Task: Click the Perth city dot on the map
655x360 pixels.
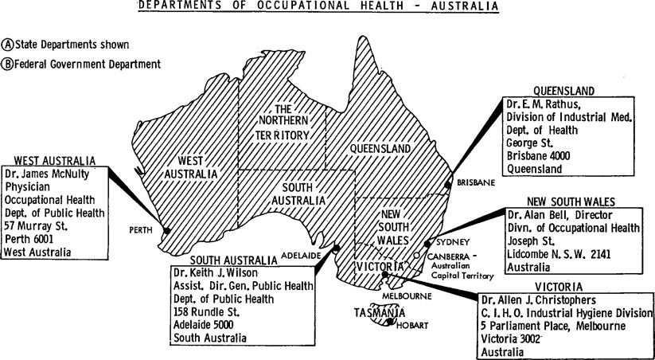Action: pos(167,231)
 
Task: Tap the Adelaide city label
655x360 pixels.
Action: pos(301,256)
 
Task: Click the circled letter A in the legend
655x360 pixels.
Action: pos(9,45)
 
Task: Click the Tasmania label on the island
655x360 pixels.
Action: pos(375,313)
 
